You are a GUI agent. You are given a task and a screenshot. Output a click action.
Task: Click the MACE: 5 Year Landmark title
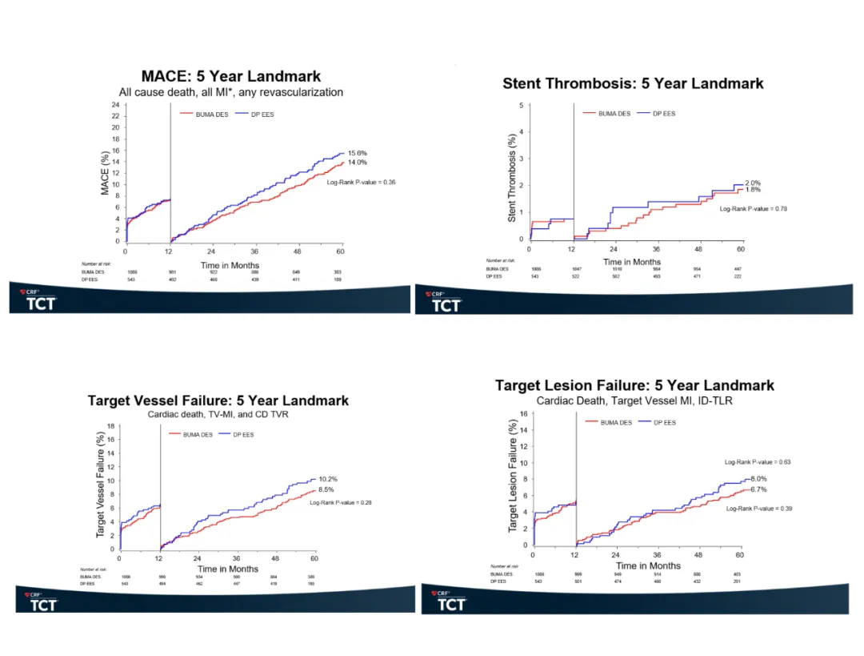(x=231, y=77)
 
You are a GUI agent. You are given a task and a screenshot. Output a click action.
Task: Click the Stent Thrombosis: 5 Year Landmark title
(x=633, y=83)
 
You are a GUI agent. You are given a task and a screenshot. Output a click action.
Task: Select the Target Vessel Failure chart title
(x=218, y=400)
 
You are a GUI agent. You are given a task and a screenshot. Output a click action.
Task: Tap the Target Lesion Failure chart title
(x=634, y=385)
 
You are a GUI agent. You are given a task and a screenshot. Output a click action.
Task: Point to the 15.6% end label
(x=358, y=153)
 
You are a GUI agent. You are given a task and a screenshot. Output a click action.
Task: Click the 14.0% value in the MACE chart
(x=358, y=162)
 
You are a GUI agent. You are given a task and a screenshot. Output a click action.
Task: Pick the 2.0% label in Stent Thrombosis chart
(x=753, y=183)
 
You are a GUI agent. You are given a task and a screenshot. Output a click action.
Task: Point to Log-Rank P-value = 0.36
(x=362, y=183)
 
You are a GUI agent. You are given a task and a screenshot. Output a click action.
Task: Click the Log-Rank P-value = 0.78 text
(x=754, y=209)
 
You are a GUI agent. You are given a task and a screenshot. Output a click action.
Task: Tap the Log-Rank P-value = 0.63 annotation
(x=758, y=462)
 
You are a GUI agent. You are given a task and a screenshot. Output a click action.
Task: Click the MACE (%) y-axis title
(x=105, y=173)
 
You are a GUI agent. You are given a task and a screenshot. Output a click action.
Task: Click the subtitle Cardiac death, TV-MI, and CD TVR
(x=218, y=415)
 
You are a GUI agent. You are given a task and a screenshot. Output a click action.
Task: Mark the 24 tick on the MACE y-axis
(x=116, y=104)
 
